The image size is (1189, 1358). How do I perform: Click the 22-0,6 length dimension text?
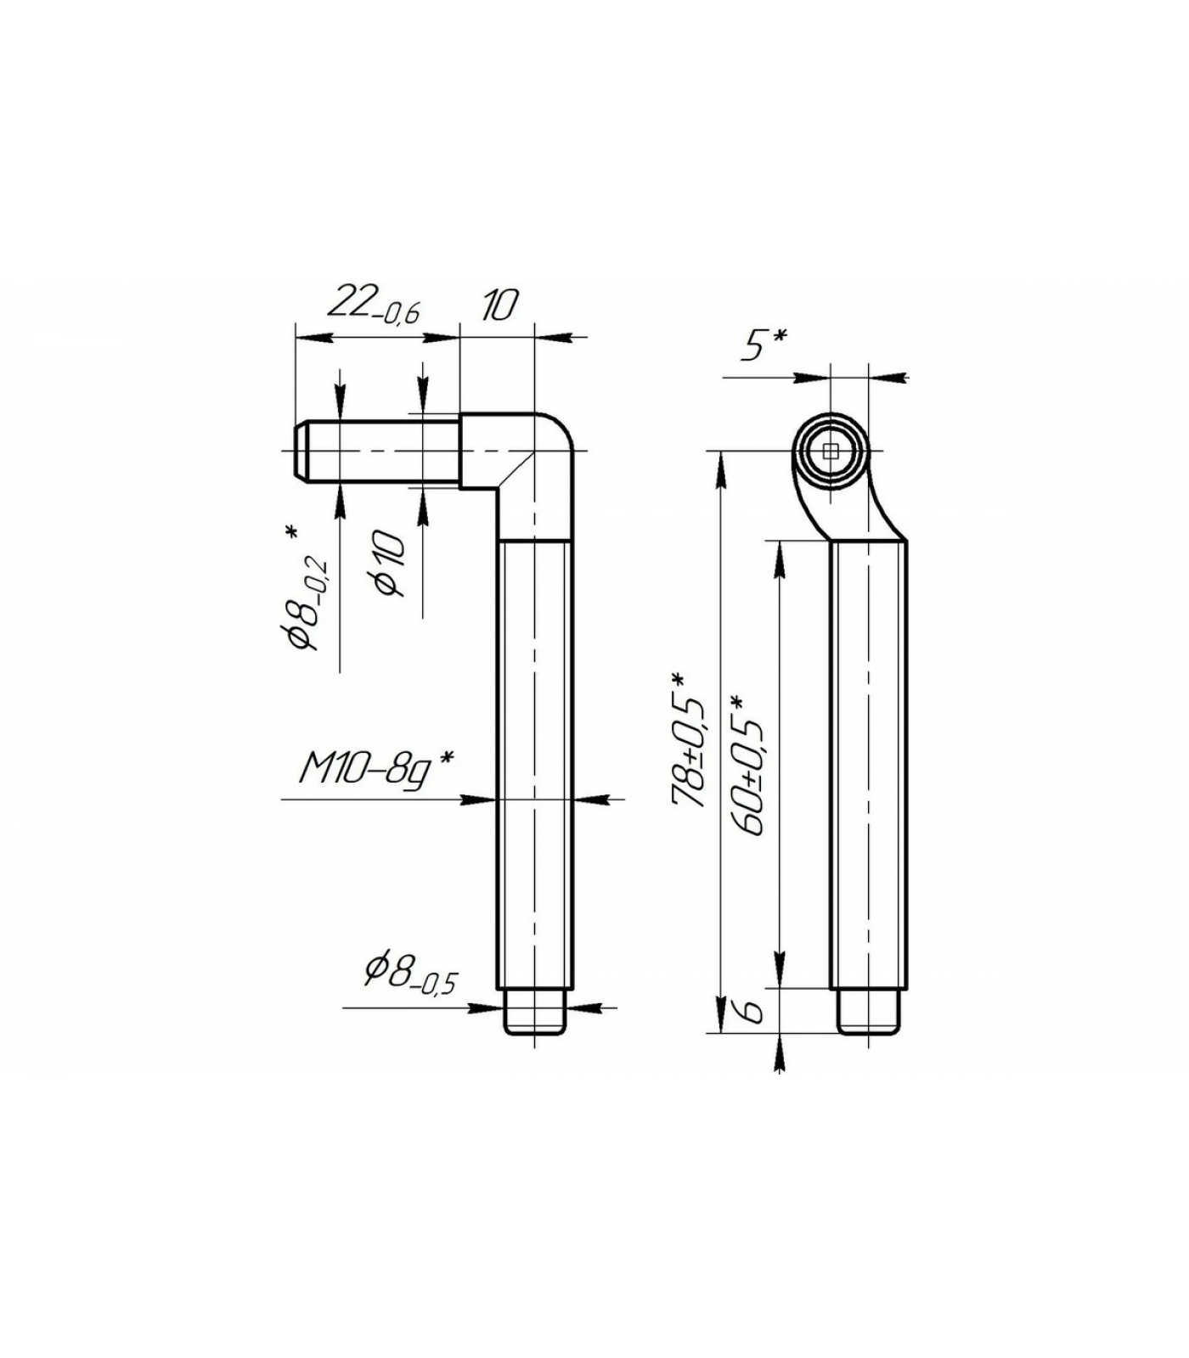(373, 306)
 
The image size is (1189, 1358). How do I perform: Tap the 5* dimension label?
(764, 345)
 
